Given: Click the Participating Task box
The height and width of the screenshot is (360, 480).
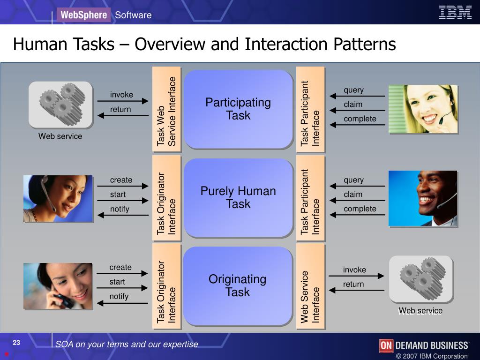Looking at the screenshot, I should [238, 109].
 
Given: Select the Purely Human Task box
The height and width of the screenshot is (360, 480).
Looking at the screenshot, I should [238, 197].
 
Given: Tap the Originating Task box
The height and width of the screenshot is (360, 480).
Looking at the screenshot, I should [238, 285].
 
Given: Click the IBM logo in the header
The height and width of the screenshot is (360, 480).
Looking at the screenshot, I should [455, 13].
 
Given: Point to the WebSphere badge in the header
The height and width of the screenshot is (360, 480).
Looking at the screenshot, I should [83, 15].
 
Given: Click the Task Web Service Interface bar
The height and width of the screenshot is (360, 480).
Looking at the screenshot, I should [166, 109].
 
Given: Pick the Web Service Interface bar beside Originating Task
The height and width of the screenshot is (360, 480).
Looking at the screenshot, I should [310, 285].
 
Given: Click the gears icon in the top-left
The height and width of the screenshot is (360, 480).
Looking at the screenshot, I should [60, 105].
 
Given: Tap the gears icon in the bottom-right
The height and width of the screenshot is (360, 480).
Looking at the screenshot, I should [421, 279].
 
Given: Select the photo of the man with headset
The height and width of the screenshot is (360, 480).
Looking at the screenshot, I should [423, 198].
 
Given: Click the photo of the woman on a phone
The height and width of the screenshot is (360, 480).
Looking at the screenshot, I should [58, 286].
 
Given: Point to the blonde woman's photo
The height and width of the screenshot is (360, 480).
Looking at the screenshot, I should [423, 109].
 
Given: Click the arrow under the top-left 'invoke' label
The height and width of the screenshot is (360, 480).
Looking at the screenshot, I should [122, 101].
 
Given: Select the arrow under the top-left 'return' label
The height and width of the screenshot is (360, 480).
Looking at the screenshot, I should [122, 115].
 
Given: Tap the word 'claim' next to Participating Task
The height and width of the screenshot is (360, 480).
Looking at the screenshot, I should [353, 104].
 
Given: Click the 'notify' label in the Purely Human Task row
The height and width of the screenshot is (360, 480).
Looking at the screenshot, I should [119, 209].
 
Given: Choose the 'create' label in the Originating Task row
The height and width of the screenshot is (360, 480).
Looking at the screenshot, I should [120, 267].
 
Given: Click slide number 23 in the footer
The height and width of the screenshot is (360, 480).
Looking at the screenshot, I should [16, 343].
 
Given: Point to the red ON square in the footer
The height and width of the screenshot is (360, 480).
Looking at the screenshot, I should [386, 345].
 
